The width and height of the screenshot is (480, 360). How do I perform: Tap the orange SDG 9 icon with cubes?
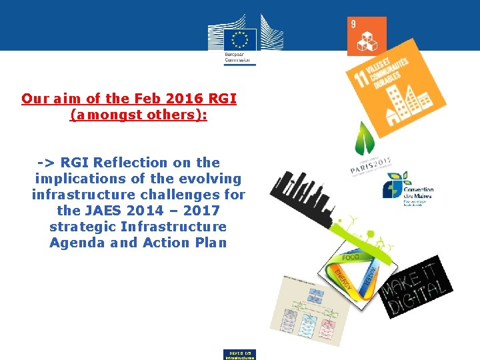coord(367,37)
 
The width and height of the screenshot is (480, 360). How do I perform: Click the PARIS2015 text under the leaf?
coord(371,164)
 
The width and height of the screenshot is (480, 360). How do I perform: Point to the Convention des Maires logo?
coord(407,189)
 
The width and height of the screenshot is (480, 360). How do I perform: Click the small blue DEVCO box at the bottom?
coord(239,354)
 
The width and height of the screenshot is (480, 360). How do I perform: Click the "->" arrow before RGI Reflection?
coord(47,162)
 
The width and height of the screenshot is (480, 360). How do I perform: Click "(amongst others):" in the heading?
coord(139,115)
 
